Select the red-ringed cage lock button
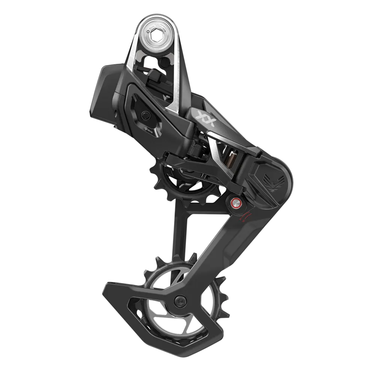pos(235,203)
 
